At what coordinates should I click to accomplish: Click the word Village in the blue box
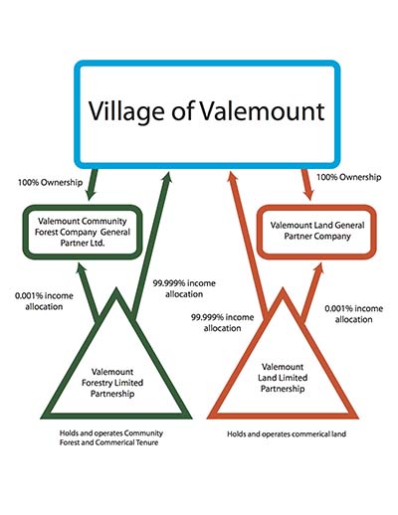(x=126, y=111)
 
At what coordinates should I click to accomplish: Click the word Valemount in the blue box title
(x=262, y=110)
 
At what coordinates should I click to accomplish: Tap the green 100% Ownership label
(x=50, y=182)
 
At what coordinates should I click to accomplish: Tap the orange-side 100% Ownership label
(x=348, y=177)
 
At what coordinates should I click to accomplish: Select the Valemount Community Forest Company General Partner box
(x=83, y=232)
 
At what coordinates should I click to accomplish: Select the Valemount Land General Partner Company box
(x=317, y=232)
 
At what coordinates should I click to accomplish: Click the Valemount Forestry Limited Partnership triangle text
(x=112, y=383)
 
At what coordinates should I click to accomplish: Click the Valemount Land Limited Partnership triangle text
(x=283, y=378)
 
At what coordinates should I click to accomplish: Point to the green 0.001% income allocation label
(x=44, y=301)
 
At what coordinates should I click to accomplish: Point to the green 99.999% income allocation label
(x=184, y=288)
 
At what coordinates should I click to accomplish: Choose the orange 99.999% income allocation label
(x=222, y=323)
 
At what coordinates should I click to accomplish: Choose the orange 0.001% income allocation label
(x=353, y=314)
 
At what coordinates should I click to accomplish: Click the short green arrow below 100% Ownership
(x=92, y=185)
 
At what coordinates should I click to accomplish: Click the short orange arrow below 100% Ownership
(x=307, y=185)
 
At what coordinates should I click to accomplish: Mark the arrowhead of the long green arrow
(x=167, y=177)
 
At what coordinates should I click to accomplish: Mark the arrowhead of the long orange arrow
(x=233, y=177)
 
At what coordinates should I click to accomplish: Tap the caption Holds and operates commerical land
(x=287, y=433)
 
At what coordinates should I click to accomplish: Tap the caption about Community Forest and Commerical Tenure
(x=111, y=437)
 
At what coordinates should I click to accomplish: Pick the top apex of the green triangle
(x=115, y=288)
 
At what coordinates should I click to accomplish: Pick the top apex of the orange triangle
(x=283, y=288)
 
